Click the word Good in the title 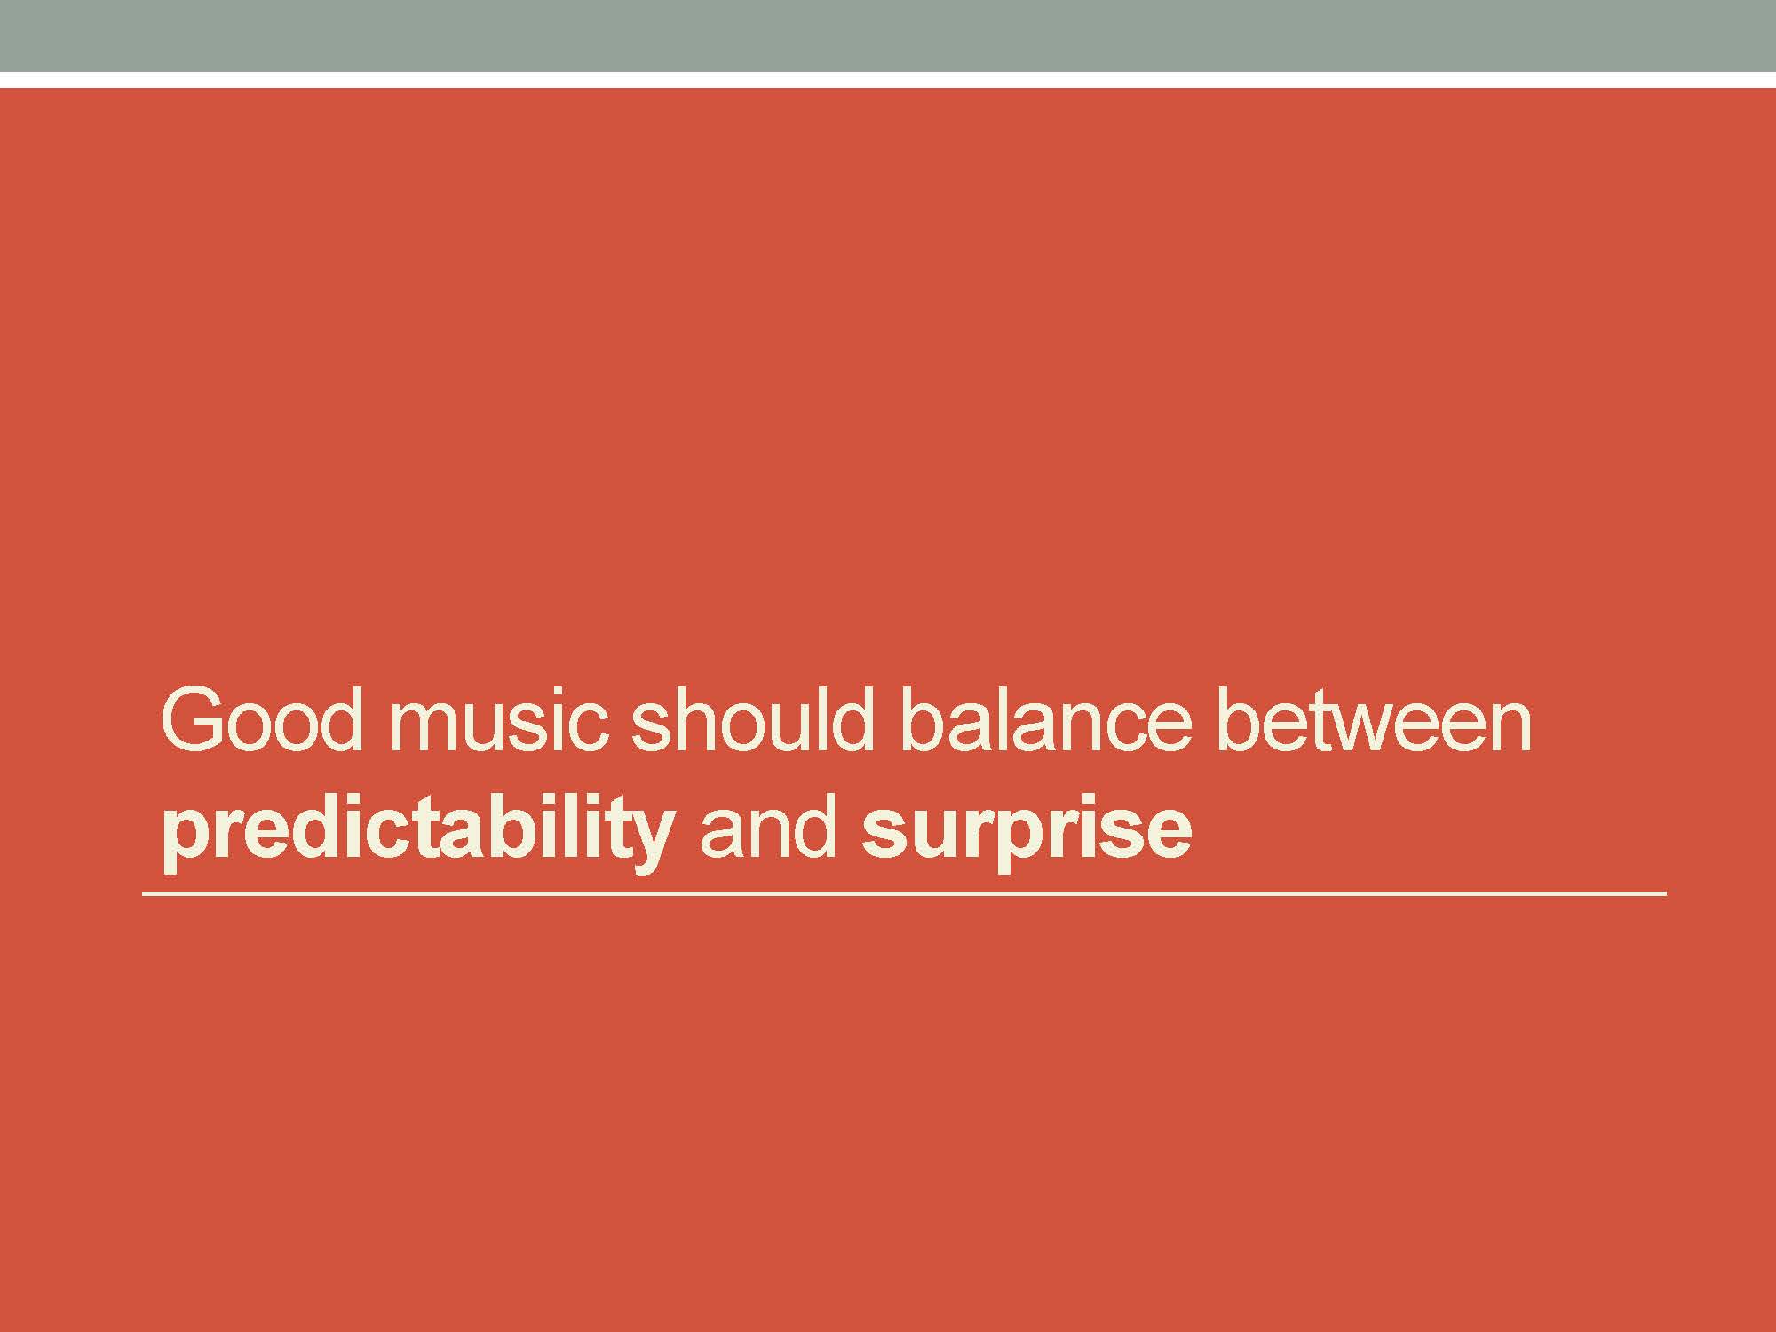click(263, 719)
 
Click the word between click(1373, 719)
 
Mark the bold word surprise click(1026, 835)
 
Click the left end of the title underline click(143, 893)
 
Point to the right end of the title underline click(1666, 893)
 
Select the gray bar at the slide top click(888, 36)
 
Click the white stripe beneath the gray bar click(888, 80)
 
